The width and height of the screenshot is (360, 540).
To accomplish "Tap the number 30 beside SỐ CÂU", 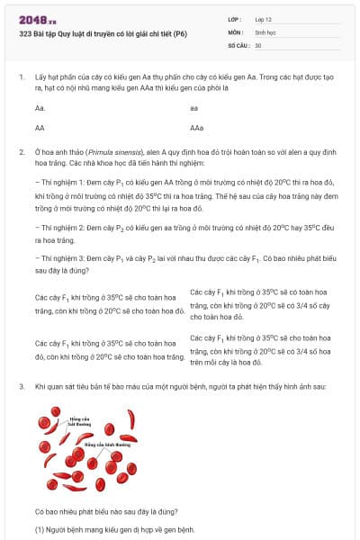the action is coord(258,44).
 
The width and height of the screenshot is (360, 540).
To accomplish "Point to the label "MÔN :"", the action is coord(237,31).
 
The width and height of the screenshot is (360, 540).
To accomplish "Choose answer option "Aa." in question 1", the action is coord(40,108).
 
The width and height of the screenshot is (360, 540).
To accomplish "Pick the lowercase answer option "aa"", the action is coord(193,108).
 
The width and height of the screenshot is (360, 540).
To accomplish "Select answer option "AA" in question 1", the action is coord(40,128).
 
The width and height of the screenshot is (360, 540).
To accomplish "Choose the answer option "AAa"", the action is coord(196,128).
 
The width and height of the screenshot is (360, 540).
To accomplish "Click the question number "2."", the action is coord(22,152).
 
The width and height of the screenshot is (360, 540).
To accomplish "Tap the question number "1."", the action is coord(22,77).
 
